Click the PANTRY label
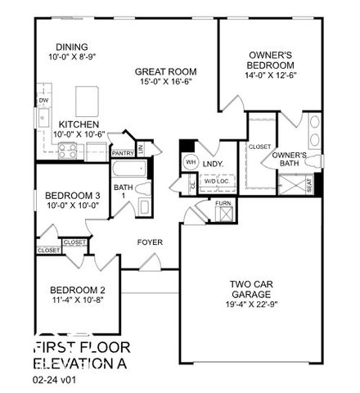[x=123, y=152]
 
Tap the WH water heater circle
[x=191, y=162]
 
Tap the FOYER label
[x=149, y=242]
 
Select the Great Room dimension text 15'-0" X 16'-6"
[x=166, y=83]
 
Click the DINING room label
[x=72, y=47]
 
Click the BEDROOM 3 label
[x=72, y=196]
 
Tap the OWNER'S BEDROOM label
[x=272, y=60]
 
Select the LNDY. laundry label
[x=213, y=164]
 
